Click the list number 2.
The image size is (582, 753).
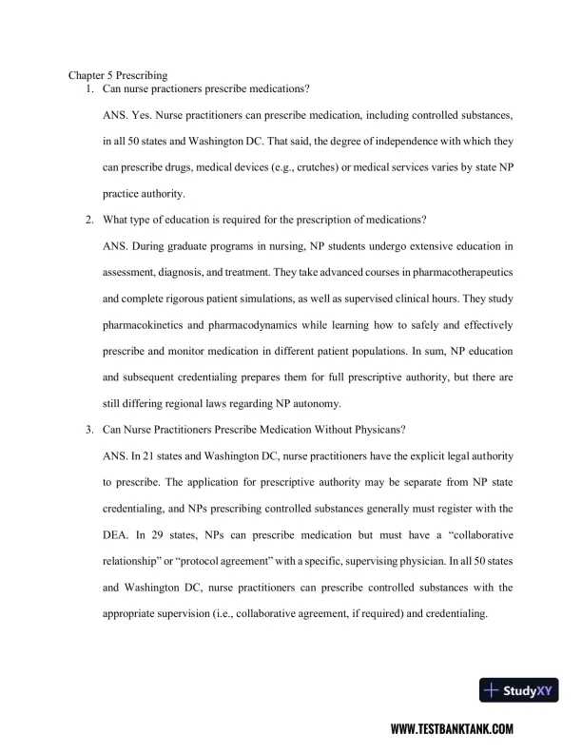pyautogui.click(x=87, y=221)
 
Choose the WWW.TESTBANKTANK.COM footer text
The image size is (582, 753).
pyautogui.click(x=452, y=729)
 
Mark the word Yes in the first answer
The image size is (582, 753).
pyautogui.click(x=138, y=115)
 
